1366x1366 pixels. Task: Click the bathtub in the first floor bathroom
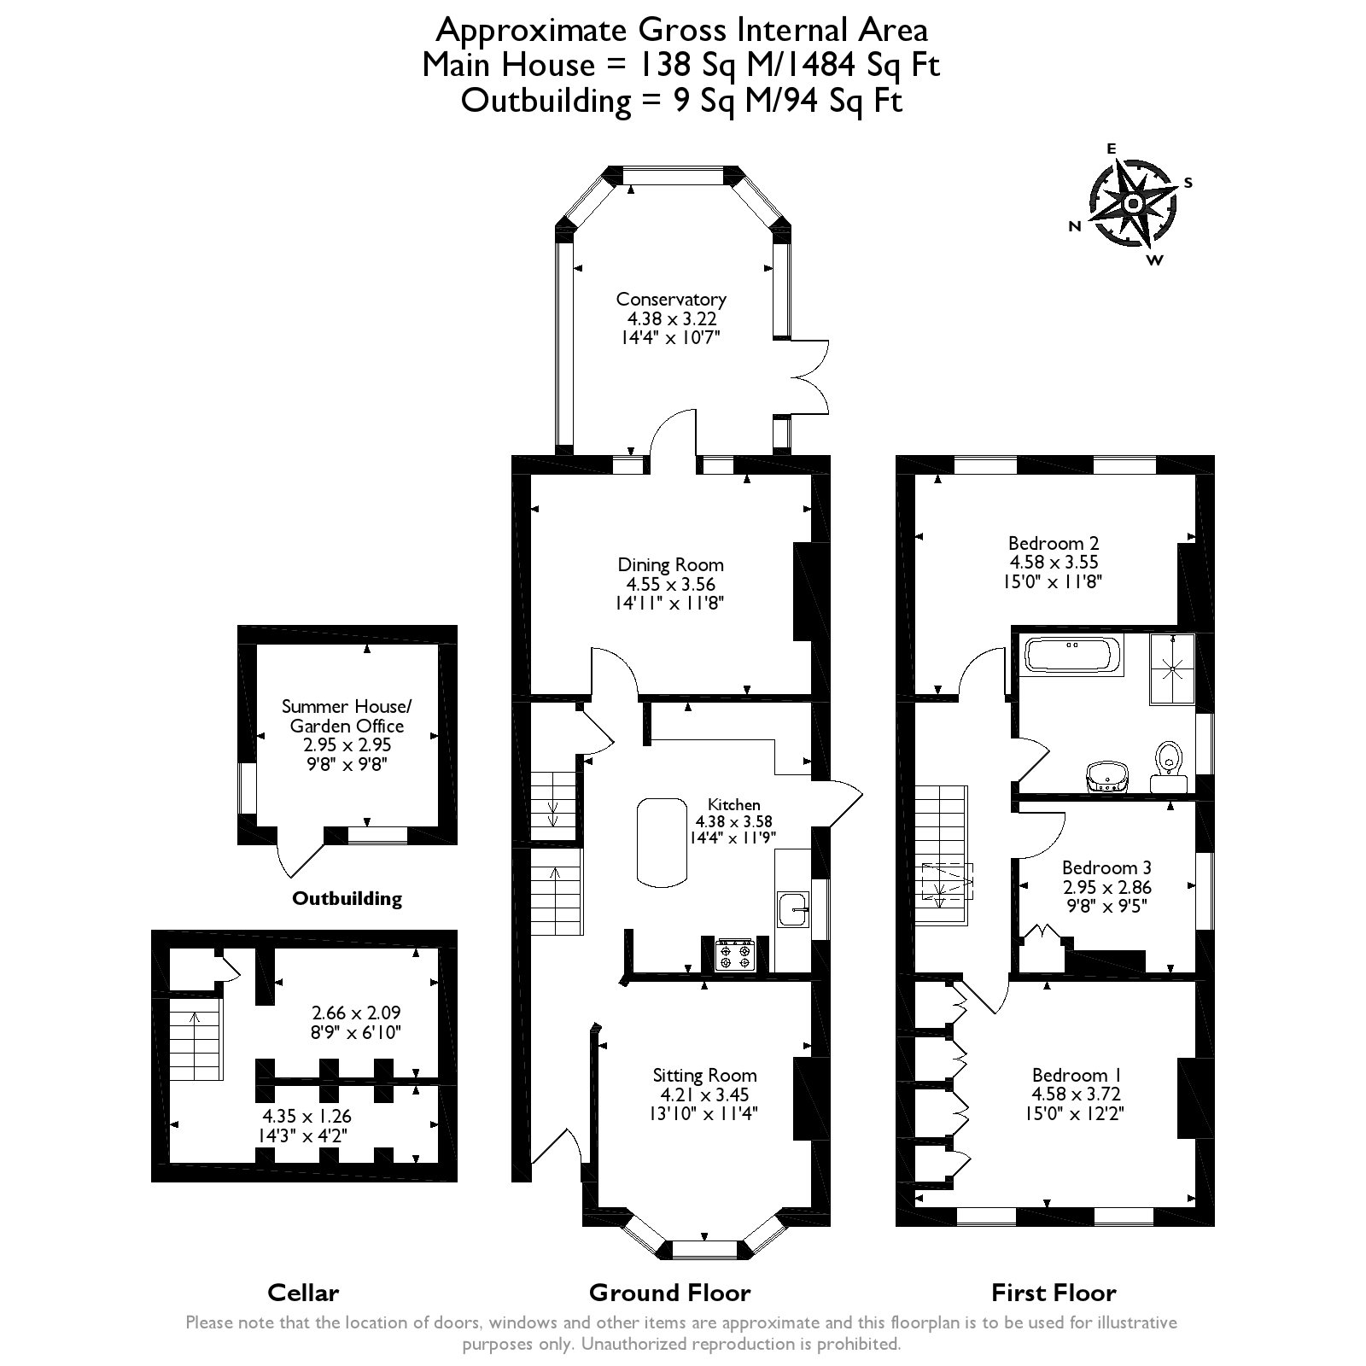point(1072,656)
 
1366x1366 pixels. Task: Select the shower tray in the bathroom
point(1173,668)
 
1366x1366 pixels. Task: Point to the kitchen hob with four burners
point(735,954)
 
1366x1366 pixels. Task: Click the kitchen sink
point(793,911)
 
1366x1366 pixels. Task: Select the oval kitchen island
point(662,841)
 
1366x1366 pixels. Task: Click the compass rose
point(1132,204)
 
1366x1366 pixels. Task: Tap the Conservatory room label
point(671,300)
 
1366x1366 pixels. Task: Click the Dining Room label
point(670,564)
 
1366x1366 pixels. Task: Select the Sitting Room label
point(704,1075)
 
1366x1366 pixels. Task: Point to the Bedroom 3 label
point(1106,868)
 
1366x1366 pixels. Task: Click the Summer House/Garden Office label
point(347,715)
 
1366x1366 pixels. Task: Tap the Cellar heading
point(303,1293)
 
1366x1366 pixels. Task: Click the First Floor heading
point(1054,1293)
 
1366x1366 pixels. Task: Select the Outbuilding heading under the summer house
point(347,898)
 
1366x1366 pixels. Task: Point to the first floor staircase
point(943,854)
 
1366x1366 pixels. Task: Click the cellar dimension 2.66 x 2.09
point(356,1013)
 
